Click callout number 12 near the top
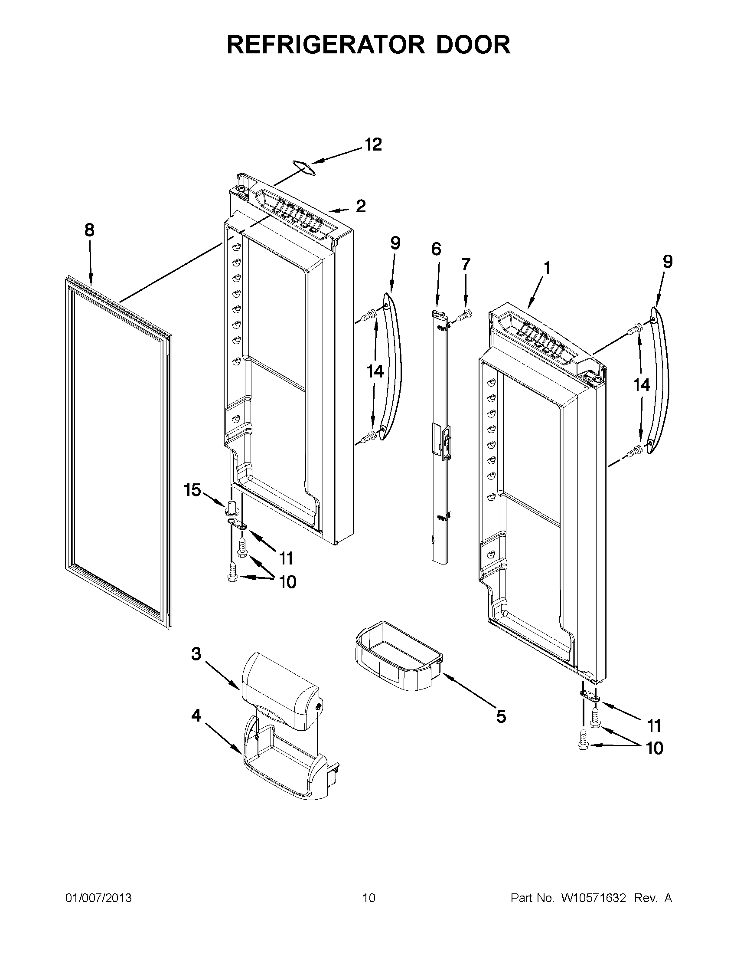pos(373,145)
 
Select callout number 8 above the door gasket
pos(89,230)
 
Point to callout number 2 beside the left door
pos(361,206)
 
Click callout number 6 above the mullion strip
pos(436,249)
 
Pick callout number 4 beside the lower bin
pos(196,716)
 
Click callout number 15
pos(192,490)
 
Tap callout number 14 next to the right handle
pos(642,385)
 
